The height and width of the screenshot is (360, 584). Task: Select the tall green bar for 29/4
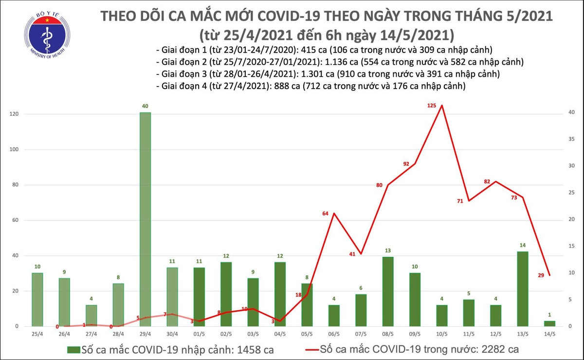tap(145, 219)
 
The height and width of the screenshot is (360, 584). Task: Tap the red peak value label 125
tap(431, 106)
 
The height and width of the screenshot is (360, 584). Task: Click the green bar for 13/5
tap(523, 288)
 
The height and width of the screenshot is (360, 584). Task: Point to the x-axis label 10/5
tap(442, 335)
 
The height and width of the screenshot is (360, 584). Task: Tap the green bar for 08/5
tap(388, 291)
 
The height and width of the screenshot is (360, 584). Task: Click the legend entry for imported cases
tap(170, 349)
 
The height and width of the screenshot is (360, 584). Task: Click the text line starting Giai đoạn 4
tap(310, 87)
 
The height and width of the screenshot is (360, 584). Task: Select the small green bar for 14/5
tap(549, 324)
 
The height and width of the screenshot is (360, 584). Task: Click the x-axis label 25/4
tap(37, 335)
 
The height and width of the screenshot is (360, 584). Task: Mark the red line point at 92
tap(415, 163)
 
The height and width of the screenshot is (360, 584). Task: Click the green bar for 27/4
tap(91, 315)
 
